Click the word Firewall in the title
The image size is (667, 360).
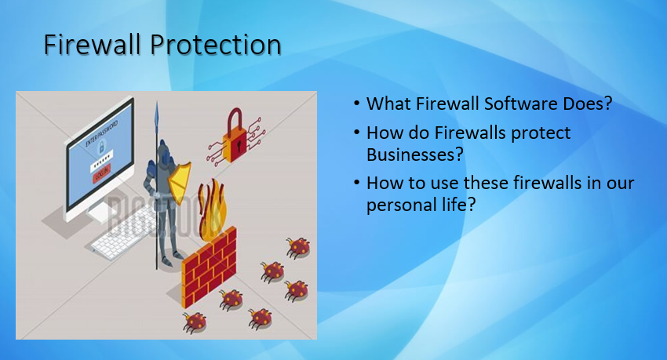click(x=92, y=44)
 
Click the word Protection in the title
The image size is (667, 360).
click(x=215, y=44)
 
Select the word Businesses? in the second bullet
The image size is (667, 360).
click(x=414, y=155)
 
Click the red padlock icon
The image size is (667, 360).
click(x=235, y=136)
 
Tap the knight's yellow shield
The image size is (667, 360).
click(x=179, y=178)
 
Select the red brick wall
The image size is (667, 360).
click(x=209, y=267)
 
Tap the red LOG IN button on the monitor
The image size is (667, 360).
click(x=101, y=174)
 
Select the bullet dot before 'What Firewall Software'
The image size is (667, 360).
click(x=356, y=104)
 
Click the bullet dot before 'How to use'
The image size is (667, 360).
click(x=356, y=183)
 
